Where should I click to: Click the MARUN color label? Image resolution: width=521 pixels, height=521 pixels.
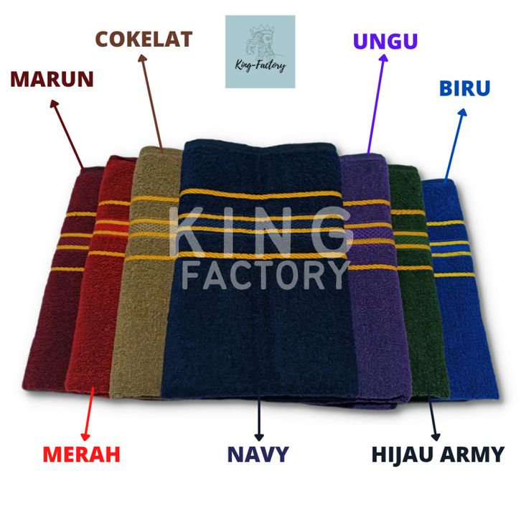click(x=52, y=79)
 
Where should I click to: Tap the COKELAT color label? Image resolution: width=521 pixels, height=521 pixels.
click(x=144, y=39)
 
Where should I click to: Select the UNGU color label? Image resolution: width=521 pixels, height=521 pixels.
click(x=385, y=41)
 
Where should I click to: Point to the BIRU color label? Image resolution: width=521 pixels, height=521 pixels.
click(x=464, y=88)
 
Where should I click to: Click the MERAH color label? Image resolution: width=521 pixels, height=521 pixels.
click(x=81, y=454)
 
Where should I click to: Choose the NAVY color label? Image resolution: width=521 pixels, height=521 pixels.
click(x=258, y=454)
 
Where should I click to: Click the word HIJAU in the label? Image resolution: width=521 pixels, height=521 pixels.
click(x=402, y=454)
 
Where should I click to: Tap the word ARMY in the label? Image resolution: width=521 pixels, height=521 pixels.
click(x=471, y=454)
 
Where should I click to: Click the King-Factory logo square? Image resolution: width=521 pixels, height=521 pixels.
click(x=260, y=52)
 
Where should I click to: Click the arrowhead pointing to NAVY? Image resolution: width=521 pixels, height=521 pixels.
click(x=259, y=437)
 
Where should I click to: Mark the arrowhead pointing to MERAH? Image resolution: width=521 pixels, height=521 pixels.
click(x=85, y=437)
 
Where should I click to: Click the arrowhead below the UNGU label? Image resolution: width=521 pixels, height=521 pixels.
click(x=384, y=58)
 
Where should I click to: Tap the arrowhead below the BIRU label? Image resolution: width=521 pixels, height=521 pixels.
click(x=463, y=112)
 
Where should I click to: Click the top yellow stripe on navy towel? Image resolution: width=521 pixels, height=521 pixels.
click(x=260, y=193)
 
